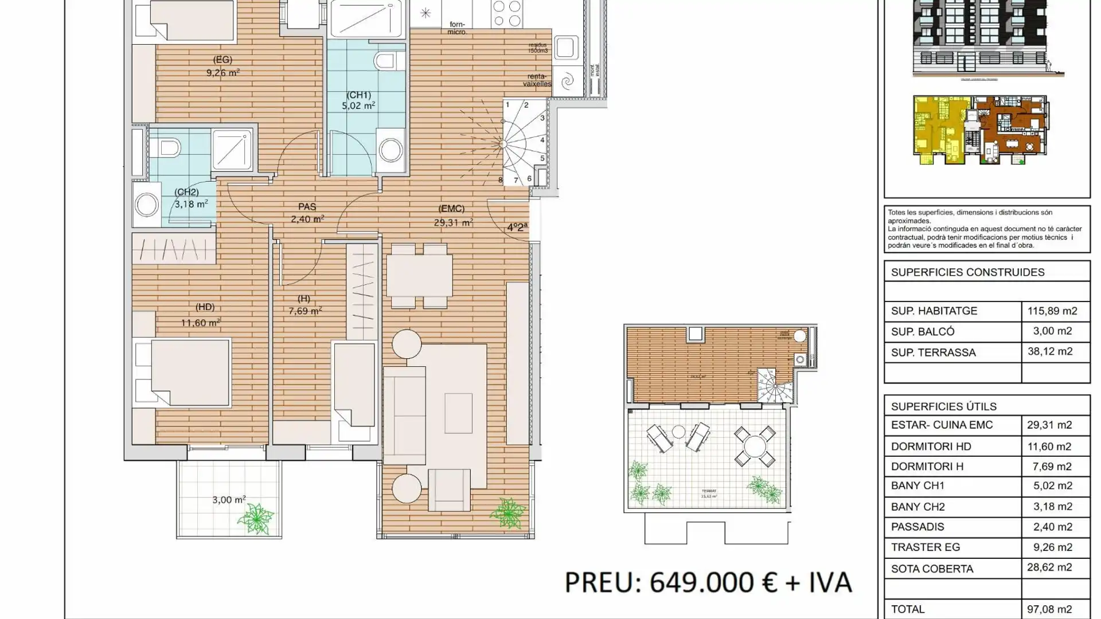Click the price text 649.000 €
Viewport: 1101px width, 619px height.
(713, 582)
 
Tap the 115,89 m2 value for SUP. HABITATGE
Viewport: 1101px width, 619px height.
(1052, 311)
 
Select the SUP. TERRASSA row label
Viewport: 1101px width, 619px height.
(933, 352)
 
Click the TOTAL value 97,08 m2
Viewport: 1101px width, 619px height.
(1049, 609)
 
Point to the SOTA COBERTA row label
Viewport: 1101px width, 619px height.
(932, 569)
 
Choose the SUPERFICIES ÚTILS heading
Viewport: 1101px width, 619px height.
(943, 406)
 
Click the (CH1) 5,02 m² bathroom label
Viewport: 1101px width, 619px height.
(358, 100)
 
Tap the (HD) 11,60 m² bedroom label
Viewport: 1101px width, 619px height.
(201, 316)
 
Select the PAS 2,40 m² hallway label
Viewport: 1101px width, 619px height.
(307, 213)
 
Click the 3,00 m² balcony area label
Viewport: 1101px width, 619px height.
(229, 500)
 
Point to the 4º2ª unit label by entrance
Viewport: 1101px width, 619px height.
(517, 227)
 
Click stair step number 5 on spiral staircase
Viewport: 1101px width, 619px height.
(542, 158)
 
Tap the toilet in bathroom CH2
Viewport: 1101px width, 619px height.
(167, 148)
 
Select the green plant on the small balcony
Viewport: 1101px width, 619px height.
(256, 519)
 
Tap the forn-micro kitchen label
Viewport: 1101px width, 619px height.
(457, 28)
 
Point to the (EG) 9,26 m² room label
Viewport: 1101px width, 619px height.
(222, 66)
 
